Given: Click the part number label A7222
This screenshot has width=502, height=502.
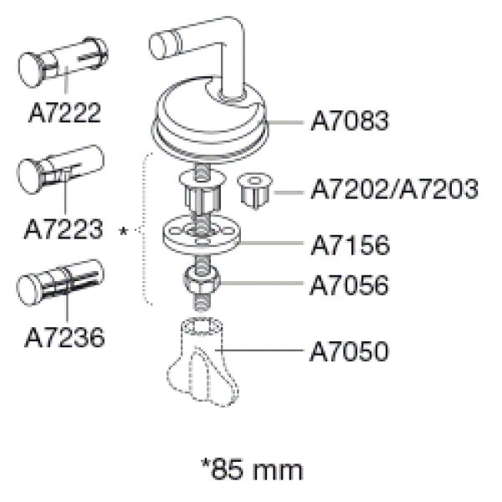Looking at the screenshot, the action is [64, 113].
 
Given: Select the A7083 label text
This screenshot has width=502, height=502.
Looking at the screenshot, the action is [350, 120].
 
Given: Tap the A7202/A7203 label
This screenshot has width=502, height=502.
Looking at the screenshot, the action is [394, 189].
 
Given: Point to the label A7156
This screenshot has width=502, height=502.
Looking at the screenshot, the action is [351, 245].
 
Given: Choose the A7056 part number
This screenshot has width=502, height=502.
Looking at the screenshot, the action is [349, 285].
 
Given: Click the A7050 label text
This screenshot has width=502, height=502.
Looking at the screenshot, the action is [349, 351].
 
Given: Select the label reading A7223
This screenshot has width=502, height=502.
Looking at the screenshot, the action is [64, 229].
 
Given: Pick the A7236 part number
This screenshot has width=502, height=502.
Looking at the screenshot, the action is [64, 337].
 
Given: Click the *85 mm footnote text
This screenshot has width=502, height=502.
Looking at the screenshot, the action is [252, 469].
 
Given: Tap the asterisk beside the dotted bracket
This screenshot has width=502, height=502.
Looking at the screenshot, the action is [123, 231].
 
